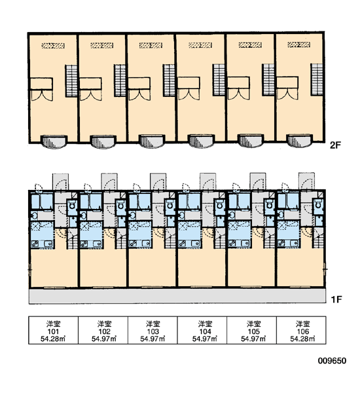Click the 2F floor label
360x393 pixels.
336,145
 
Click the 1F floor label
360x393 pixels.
336,299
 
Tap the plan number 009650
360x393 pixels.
332,361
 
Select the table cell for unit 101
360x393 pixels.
54,330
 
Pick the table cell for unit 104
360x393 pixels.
202,330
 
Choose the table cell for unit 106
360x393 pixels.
301,330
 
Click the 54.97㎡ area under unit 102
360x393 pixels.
104,339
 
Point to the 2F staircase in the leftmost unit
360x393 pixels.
71,81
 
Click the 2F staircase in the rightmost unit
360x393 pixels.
317,79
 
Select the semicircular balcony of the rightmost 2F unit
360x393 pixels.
300,141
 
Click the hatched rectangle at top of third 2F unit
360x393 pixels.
151,45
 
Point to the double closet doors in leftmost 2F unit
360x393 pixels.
42,95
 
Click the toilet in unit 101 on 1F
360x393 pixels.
73,205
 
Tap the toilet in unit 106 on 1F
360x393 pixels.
318,204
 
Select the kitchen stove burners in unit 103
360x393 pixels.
133,244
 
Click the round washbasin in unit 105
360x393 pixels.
232,215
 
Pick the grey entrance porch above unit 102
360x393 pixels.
109,181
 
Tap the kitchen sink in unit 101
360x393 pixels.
48,244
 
